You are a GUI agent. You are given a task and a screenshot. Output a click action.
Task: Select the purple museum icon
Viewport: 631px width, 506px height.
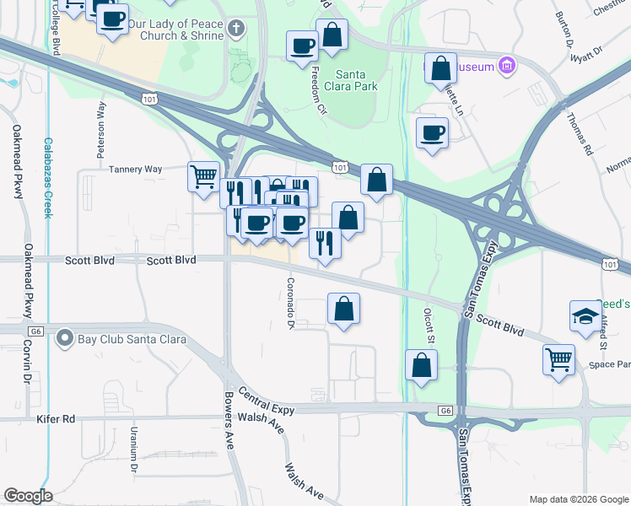[x=506, y=66]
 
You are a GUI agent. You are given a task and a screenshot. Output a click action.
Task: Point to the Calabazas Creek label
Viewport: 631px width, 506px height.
[x=48, y=178]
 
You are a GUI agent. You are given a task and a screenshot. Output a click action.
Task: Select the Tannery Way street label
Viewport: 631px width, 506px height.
[x=135, y=170]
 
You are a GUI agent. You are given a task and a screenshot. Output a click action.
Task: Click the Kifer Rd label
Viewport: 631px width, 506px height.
[x=56, y=418]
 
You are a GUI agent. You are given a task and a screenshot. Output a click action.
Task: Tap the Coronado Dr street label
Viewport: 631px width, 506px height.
[x=291, y=304]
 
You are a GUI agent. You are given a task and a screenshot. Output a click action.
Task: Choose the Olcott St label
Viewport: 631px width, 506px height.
[x=428, y=325]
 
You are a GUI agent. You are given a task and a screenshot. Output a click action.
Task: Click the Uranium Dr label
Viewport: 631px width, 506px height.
[x=133, y=448]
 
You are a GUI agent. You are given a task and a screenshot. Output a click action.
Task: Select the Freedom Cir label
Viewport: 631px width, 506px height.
[x=319, y=91]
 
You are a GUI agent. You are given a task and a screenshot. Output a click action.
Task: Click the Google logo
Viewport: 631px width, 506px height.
[x=28, y=496]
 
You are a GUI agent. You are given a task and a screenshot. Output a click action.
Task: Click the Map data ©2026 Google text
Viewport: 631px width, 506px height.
[x=578, y=498]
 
